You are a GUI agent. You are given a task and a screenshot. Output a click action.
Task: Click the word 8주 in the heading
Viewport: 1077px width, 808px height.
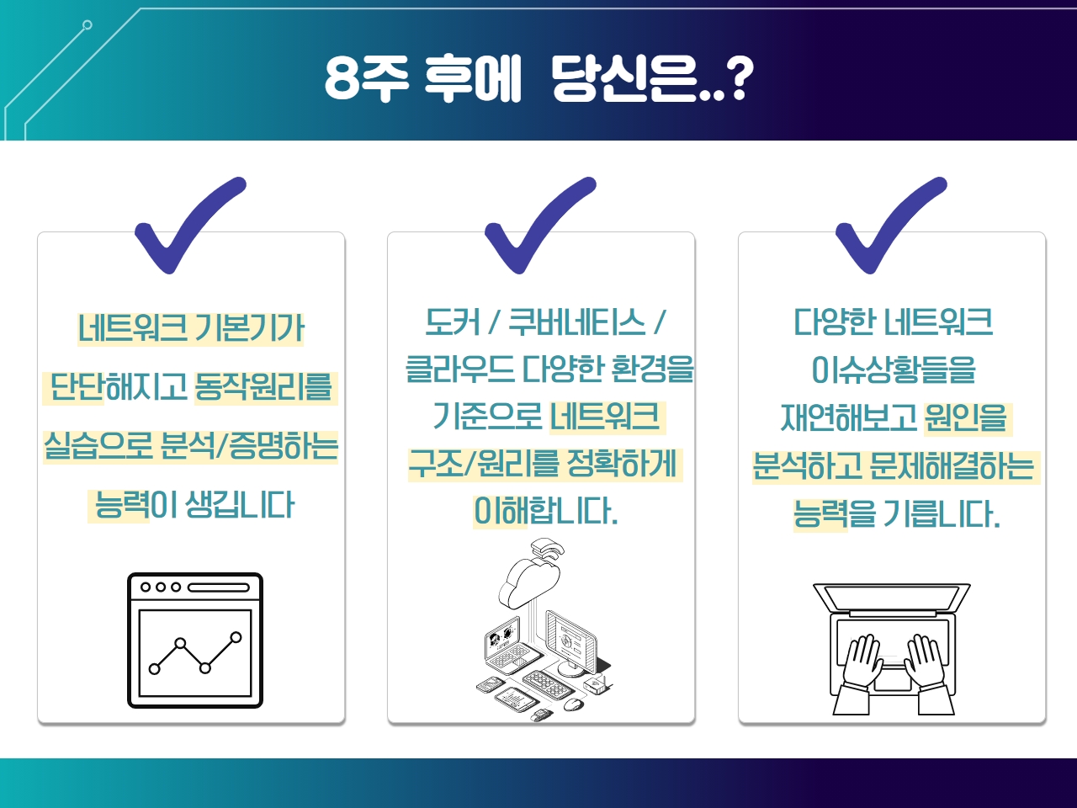click(x=366, y=79)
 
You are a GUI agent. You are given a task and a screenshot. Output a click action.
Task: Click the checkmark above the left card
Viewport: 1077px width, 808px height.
click(x=190, y=225)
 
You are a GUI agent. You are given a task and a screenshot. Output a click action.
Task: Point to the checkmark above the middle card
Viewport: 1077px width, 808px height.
click(x=540, y=225)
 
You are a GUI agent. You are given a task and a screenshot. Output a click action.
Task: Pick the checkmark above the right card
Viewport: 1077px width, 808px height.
click(x=891, y=225)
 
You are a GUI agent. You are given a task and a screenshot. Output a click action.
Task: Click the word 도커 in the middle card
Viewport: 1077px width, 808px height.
click(x=453, y=322)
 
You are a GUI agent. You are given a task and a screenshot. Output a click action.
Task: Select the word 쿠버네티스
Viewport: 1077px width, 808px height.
click(x=576, y=322)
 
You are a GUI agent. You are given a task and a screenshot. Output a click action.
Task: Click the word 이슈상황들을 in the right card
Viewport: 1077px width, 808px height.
click(x=894, y=369)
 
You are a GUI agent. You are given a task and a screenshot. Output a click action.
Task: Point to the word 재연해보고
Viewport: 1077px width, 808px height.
click(x=849, y=417)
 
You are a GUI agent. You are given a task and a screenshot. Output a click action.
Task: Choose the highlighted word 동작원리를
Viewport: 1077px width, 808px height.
click(x=264, y=387)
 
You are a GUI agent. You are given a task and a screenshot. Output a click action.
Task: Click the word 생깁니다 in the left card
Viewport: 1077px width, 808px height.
click(x=240, y=505)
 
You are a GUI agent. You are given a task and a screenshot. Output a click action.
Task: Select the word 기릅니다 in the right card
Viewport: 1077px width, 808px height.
click(x=941, y=513)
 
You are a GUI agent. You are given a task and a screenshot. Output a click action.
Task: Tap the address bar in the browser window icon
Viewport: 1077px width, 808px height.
click(x=219, y=587)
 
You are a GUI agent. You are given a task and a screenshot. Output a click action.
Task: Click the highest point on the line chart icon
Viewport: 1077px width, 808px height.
click(x=236, y=637)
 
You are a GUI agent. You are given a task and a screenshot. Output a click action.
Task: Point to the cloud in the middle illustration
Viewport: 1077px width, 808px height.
click(x=529, y=584)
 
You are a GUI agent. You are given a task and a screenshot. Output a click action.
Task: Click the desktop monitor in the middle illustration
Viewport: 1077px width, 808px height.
click(x=571, y=643)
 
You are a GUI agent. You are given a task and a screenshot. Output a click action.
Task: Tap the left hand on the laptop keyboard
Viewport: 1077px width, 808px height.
click(x=862, y=661)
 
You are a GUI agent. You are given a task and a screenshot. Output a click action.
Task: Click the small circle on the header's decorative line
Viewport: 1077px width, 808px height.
click(x=88, y=24)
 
